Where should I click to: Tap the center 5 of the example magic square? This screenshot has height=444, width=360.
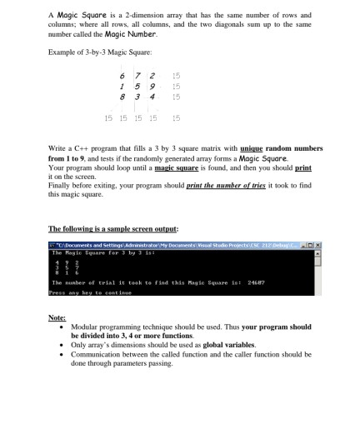click(138, 86)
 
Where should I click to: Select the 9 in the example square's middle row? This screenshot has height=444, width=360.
click(154, 86)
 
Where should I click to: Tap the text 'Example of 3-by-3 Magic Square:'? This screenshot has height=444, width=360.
click(92, 52)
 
